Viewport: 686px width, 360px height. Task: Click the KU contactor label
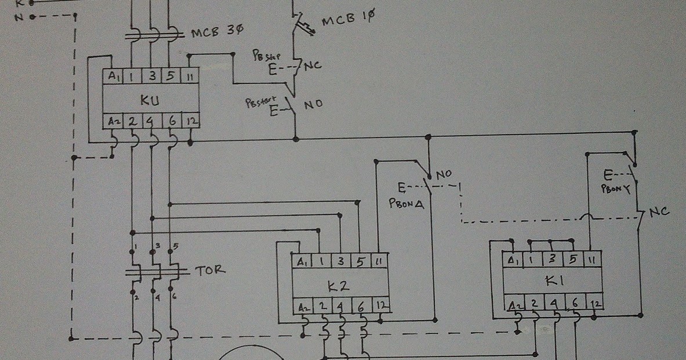pos(149,99)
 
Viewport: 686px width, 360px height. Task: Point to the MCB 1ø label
pos(348,20)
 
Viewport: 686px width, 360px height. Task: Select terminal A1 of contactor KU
pos(112,76)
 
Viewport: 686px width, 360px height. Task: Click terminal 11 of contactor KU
pos(190,76)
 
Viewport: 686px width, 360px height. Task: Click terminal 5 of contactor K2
pos(360,261)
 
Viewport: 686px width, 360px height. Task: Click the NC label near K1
pos(659,213)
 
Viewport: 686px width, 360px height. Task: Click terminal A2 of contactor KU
pos(112,122)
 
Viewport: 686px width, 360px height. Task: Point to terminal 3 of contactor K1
pos(553,259)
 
